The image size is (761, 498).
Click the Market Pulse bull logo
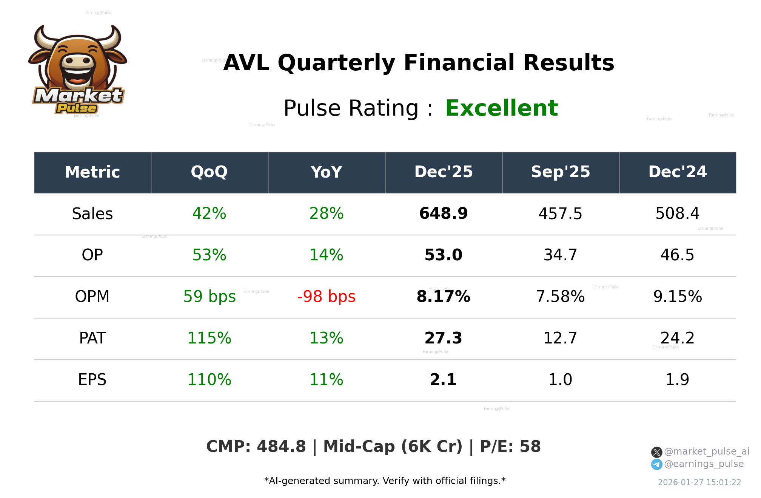(x=78, y=70)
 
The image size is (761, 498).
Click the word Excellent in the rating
(x=501, y=108)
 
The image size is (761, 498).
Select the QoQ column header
(x=209, y=172)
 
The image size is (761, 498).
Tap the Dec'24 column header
(x=677, y=172)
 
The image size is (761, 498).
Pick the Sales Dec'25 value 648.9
(x=443, y=214)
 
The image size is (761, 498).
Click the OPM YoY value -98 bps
(x=326, y=297)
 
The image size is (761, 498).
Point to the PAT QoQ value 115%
(x=209, y=339)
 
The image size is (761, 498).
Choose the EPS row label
(x=92, y=380)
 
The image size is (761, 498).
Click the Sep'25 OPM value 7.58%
(x=560, y=297)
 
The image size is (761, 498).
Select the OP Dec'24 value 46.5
(x=677, y=255)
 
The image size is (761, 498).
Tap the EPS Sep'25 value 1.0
(x=560, y=380)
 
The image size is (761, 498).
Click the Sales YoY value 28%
(x=326, y=214)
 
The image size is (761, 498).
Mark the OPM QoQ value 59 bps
(x=209, y=297)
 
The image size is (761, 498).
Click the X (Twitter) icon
(x=656, y=452)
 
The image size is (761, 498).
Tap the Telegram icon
(x=656, y=464)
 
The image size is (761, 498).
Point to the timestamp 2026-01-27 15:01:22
(x=699, y=483)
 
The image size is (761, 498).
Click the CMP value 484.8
(x=281, y=447)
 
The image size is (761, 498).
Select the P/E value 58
(x=530, y=447)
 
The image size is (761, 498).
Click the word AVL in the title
(x=246, y=63)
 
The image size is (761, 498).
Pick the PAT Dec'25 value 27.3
(x=443, y=339)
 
